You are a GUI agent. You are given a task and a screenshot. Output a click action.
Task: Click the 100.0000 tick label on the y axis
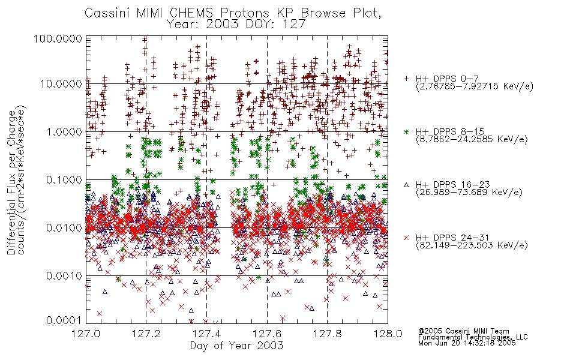[58, 38]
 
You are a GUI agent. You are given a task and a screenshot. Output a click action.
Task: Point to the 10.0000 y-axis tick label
[61, 84]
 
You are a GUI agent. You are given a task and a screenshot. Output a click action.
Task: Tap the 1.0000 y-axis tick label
[64, 131]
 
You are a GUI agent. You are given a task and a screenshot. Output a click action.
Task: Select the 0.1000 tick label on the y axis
[64, 179]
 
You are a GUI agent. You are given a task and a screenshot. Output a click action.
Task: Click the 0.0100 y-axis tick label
[64, 228]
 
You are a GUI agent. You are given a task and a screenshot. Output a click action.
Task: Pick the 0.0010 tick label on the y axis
[64, 276]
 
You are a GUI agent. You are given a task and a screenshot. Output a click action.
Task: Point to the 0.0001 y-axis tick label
[64, 320]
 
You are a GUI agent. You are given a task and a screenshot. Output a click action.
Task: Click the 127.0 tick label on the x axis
[86, 334]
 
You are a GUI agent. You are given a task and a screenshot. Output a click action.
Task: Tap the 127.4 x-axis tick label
[206, 334]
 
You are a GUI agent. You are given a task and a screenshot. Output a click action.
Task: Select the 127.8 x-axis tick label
[327, 334]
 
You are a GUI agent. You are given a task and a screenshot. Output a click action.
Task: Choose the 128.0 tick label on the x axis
[388, 334]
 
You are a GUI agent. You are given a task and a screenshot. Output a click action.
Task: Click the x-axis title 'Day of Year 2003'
[236, 346]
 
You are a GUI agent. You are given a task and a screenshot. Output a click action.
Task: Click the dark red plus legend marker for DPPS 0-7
[406, 79]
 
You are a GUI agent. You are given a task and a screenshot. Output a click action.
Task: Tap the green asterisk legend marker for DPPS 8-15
[406, 131]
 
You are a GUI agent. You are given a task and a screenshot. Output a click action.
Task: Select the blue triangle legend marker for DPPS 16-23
[406, 185]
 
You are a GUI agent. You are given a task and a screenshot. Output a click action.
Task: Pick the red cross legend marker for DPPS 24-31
[406, 238]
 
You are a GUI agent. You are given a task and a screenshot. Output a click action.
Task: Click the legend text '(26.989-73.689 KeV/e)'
[469, 192]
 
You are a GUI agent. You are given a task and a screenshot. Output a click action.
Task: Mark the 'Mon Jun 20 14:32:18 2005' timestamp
[467, 343]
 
